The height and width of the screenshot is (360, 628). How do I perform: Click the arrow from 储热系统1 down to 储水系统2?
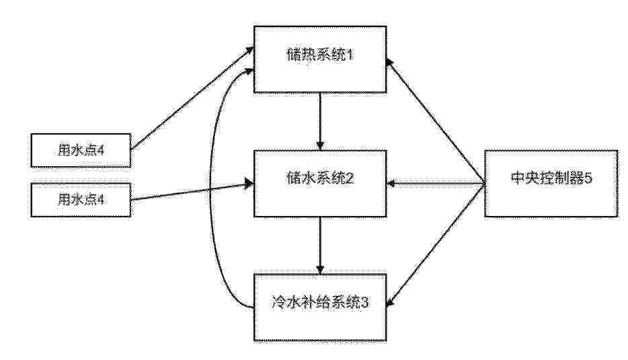[319, 122]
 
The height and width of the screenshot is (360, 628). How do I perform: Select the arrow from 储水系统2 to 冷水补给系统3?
[319, 246]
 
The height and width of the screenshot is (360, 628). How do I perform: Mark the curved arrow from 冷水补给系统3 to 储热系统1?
[210, 188]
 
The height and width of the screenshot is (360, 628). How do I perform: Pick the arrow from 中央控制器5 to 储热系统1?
[435, 120]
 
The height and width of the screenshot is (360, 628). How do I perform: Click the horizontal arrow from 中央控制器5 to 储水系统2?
[436, 184]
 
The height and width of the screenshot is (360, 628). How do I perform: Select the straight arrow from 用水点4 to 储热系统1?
[193, 98]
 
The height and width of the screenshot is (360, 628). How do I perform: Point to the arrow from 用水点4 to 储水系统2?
[193, 192]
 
